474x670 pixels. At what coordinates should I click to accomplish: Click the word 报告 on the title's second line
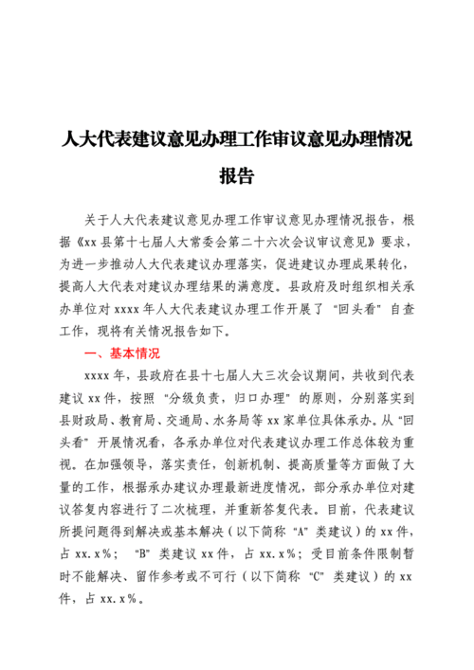coord(236,177)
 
